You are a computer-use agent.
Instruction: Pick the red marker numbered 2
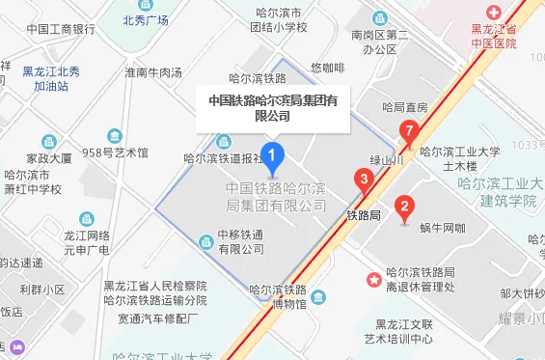pos(405,206)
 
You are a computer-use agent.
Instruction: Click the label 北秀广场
pos(145,19)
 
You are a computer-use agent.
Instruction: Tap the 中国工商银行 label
pos(61,29)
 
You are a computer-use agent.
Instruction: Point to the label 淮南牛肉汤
pos(152,71)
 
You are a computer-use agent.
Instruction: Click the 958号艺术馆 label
pos(116,152)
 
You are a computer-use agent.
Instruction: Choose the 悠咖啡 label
pos(328,68)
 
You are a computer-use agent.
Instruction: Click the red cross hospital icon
pos(494,13)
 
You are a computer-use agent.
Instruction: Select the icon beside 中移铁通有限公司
pos(204,241)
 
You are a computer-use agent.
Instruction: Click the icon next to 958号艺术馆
pos(115,136)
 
